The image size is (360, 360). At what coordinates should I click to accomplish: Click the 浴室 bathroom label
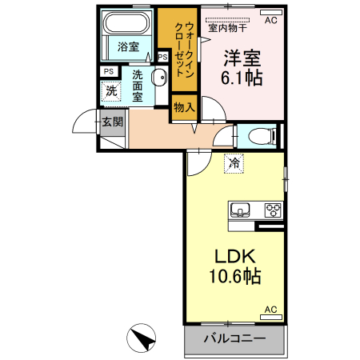point(127,47)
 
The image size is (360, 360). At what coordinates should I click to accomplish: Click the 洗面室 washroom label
point(138,86)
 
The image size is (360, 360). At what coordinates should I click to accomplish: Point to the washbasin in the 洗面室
point(159,78)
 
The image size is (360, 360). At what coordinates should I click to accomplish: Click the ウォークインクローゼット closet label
point(189,47)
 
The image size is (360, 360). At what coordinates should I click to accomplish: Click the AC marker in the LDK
point(270,310)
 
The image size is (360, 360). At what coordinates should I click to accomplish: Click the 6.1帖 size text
point(242,78)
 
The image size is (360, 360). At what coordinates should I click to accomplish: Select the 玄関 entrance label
point(112,122)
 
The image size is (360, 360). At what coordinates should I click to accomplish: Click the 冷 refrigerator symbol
point(234,162)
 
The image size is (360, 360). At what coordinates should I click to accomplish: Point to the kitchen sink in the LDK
point(241,210)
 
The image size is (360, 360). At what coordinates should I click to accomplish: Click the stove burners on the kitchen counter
point(273,210)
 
